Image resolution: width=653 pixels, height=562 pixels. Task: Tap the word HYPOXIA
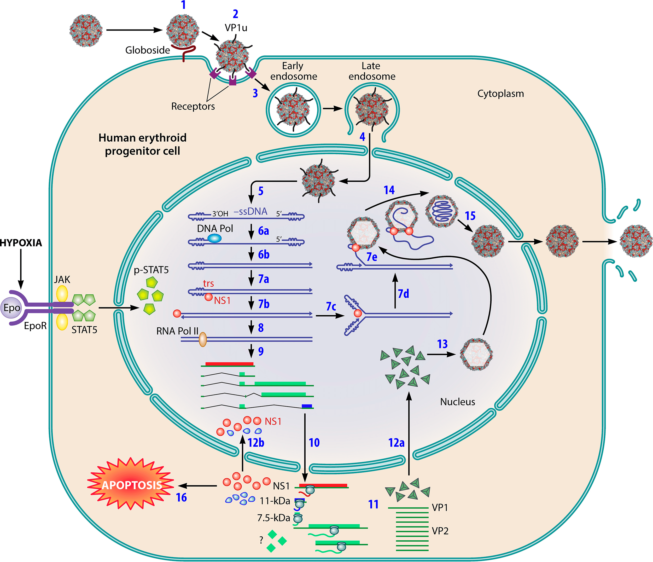[x=21, y=243]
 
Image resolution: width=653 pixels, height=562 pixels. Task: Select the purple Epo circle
[x=12, y=308]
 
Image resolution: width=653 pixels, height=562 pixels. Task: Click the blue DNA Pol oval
[x=214, y=238]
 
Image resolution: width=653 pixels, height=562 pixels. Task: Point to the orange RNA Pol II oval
[x=202, y=339]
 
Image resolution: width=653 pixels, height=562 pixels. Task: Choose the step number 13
[x=442, y=344]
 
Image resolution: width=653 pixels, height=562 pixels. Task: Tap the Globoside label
[x=148, y=50]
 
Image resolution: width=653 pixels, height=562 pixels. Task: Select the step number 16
[x=181, y=497]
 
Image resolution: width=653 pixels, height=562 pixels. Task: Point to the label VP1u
[x=236, y=28]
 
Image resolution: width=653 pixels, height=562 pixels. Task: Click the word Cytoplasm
[x=500, y=94]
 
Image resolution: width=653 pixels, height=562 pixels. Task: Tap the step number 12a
[x=396, y=443]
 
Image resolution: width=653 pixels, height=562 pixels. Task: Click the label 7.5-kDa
[x=273, y=518]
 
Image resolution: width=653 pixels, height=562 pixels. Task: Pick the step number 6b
[x=264, y=255]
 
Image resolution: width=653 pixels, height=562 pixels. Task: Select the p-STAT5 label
[x=151, y=270]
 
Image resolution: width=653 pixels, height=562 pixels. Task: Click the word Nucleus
[x=457, y=402]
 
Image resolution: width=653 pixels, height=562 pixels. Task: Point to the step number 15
[x=470, y=216]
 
